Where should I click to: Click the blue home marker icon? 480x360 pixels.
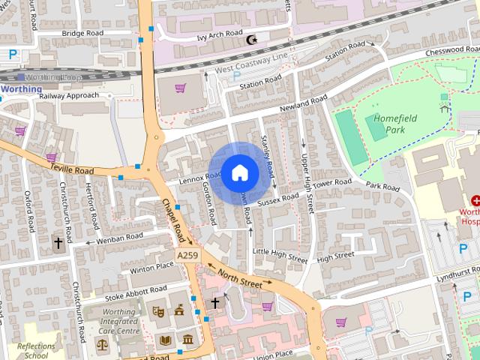coord(239,173)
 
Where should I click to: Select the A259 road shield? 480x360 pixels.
coord(187,256)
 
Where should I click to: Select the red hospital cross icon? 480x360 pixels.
coord(475,200)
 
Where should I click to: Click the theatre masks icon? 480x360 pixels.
coord(158,310)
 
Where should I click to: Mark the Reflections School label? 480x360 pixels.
coord(36,350)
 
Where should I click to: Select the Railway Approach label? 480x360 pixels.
coord(69,96)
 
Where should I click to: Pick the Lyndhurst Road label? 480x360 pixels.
coord(458,270)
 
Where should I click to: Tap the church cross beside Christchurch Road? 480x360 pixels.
coord(58,243)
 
